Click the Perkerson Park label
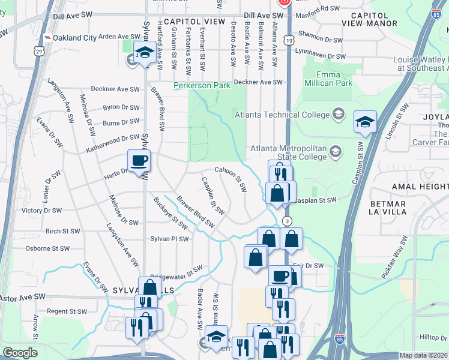[x=202, y=85]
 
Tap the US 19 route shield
[x=289, y=41]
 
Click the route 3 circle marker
[x=288, y=221]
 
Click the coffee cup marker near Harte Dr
[x=139, y=161]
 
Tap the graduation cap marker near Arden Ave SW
[x=145, y=53]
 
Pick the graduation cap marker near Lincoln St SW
[x=365, y=122]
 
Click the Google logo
[x=20, y=353]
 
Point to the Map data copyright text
[x=424, y=355]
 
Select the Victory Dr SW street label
[x=41, y=211]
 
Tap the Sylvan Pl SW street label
[x=169, y=239]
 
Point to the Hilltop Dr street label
[x=433, y=338]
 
